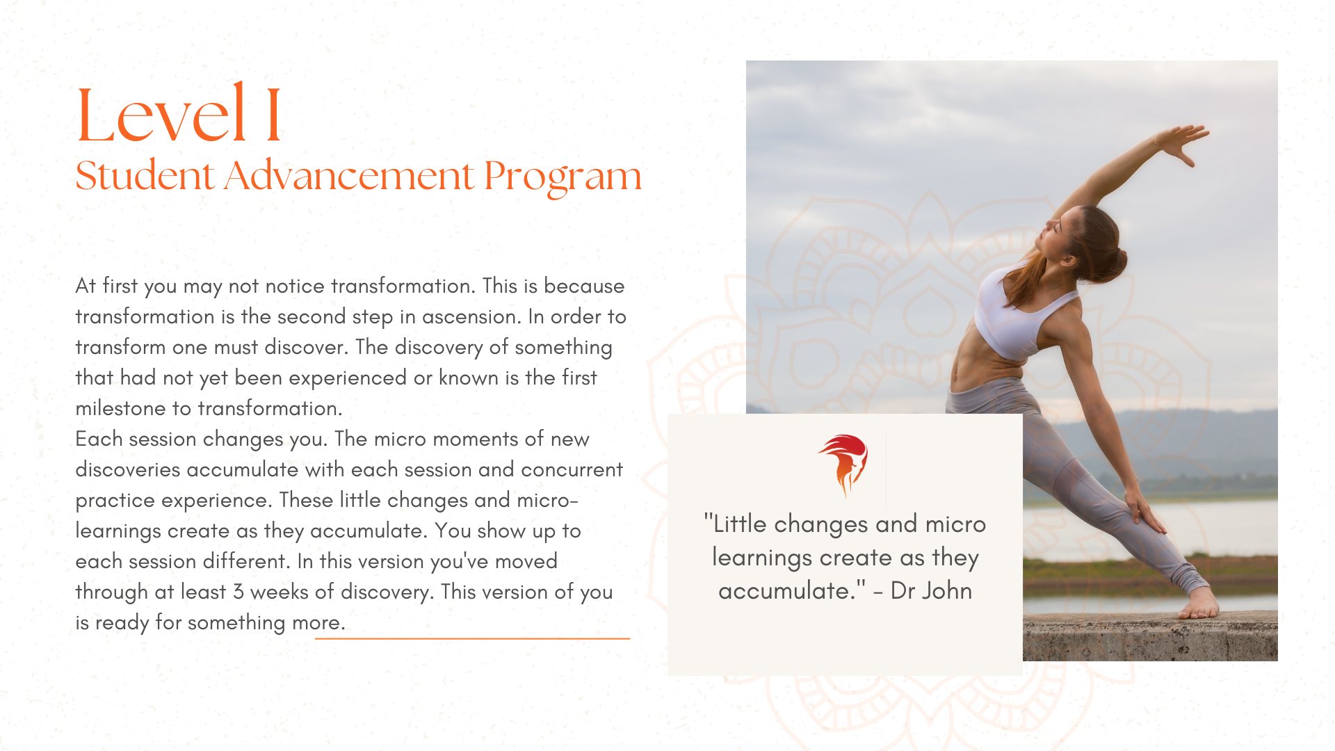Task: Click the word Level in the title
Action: [x=161, y=113]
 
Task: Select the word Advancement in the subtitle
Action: [x=350, y=175]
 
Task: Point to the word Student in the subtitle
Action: [x=145, y=175]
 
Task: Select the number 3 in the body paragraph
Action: [x=238, y=592]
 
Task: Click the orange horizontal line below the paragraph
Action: [x=472, y=638]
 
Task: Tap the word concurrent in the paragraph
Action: [x=572, y=470]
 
